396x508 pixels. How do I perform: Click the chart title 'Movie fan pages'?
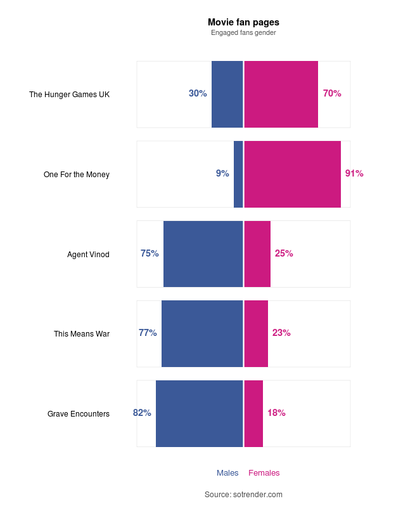(x=243, y=22)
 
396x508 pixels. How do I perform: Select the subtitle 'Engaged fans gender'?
(x=243, y=32)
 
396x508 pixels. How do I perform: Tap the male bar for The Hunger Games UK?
(x=227, y=94)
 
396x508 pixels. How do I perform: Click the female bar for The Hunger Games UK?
(x=281, y=94)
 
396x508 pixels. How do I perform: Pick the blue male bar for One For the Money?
(x=238, y=174)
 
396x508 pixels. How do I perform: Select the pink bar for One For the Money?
(x=292, y=174)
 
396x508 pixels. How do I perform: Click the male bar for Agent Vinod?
(x=203, y=254)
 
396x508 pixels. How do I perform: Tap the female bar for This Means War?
(x=256, y=333)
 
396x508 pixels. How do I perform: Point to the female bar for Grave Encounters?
(x=253, y=413)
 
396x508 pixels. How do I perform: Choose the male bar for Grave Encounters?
(x=199, y=413)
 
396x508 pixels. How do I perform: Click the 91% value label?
(x=354, y=173)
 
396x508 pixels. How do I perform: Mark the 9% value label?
(x=222, y=173)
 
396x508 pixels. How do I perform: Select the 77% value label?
(x=148, y=333)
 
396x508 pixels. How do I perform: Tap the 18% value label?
(x=276, y=413)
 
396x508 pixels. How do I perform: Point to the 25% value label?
(x=284, y=253)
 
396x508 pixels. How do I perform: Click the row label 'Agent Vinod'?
(x=88, y=255)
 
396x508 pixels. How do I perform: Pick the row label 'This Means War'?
(x=82, y=334)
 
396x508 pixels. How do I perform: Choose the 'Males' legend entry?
(x=227, y=473)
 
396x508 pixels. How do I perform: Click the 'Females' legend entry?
(x=264, y=473)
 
